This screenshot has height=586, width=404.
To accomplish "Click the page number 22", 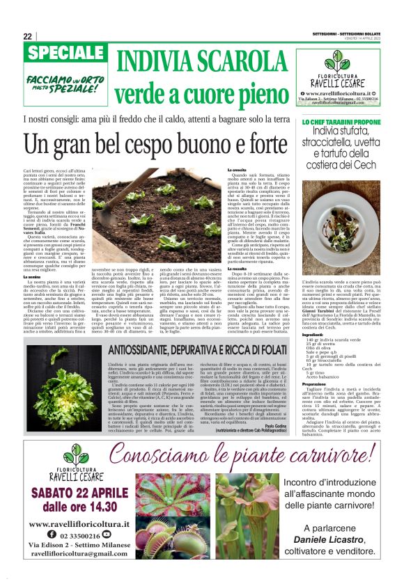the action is pyautogui.click(x=28, y=36).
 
